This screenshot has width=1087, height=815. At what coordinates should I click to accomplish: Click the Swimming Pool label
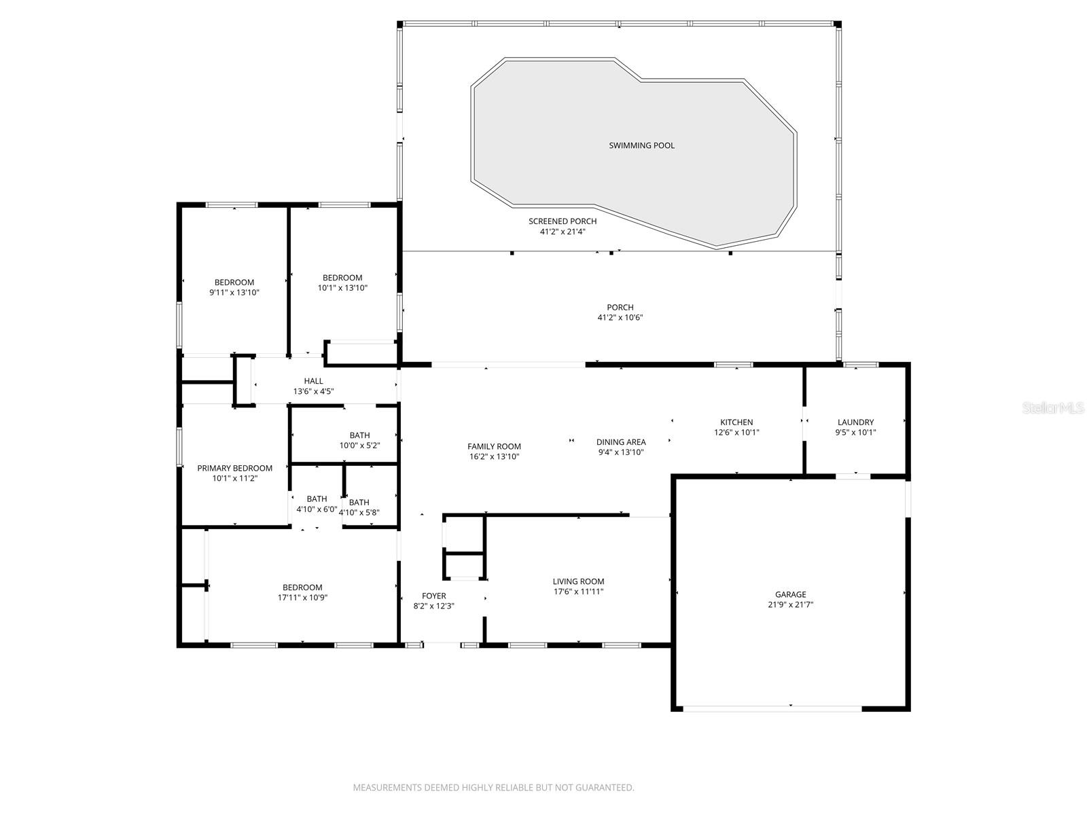point(641,145)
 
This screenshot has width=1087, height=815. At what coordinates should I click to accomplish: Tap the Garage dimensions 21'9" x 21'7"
point(791,604)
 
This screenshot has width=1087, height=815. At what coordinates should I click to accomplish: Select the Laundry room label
point(855,422)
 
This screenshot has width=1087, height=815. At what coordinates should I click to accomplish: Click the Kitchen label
point(736,422)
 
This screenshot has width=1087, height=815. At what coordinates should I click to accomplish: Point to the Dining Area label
point(621,442)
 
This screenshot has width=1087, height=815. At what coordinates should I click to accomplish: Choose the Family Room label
point(494,446)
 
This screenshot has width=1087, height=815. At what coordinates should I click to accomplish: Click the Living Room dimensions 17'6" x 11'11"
point(578,592)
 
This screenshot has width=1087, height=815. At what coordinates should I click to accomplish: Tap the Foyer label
point(433,596)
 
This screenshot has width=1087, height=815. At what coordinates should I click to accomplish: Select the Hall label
point(313,381)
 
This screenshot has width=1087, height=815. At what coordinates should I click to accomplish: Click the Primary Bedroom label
point(234,468)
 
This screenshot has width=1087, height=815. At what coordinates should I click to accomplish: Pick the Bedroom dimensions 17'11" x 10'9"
point(302,598)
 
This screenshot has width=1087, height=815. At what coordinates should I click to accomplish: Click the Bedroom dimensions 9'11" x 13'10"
point(234,293)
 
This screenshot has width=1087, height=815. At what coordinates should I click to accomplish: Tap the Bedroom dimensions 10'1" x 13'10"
point(342,288)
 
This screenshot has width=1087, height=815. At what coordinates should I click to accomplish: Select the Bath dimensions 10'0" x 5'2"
point(359,446)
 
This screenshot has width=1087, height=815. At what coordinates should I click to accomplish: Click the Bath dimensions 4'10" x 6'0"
point(317,509)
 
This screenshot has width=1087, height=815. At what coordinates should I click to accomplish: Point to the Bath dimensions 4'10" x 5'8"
point(359,513)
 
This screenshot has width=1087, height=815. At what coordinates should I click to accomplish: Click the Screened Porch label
point(563,221)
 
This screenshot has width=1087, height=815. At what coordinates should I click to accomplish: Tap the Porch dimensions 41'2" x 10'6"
point(620,318)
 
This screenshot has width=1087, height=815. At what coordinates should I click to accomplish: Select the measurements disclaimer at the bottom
point(493,788)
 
